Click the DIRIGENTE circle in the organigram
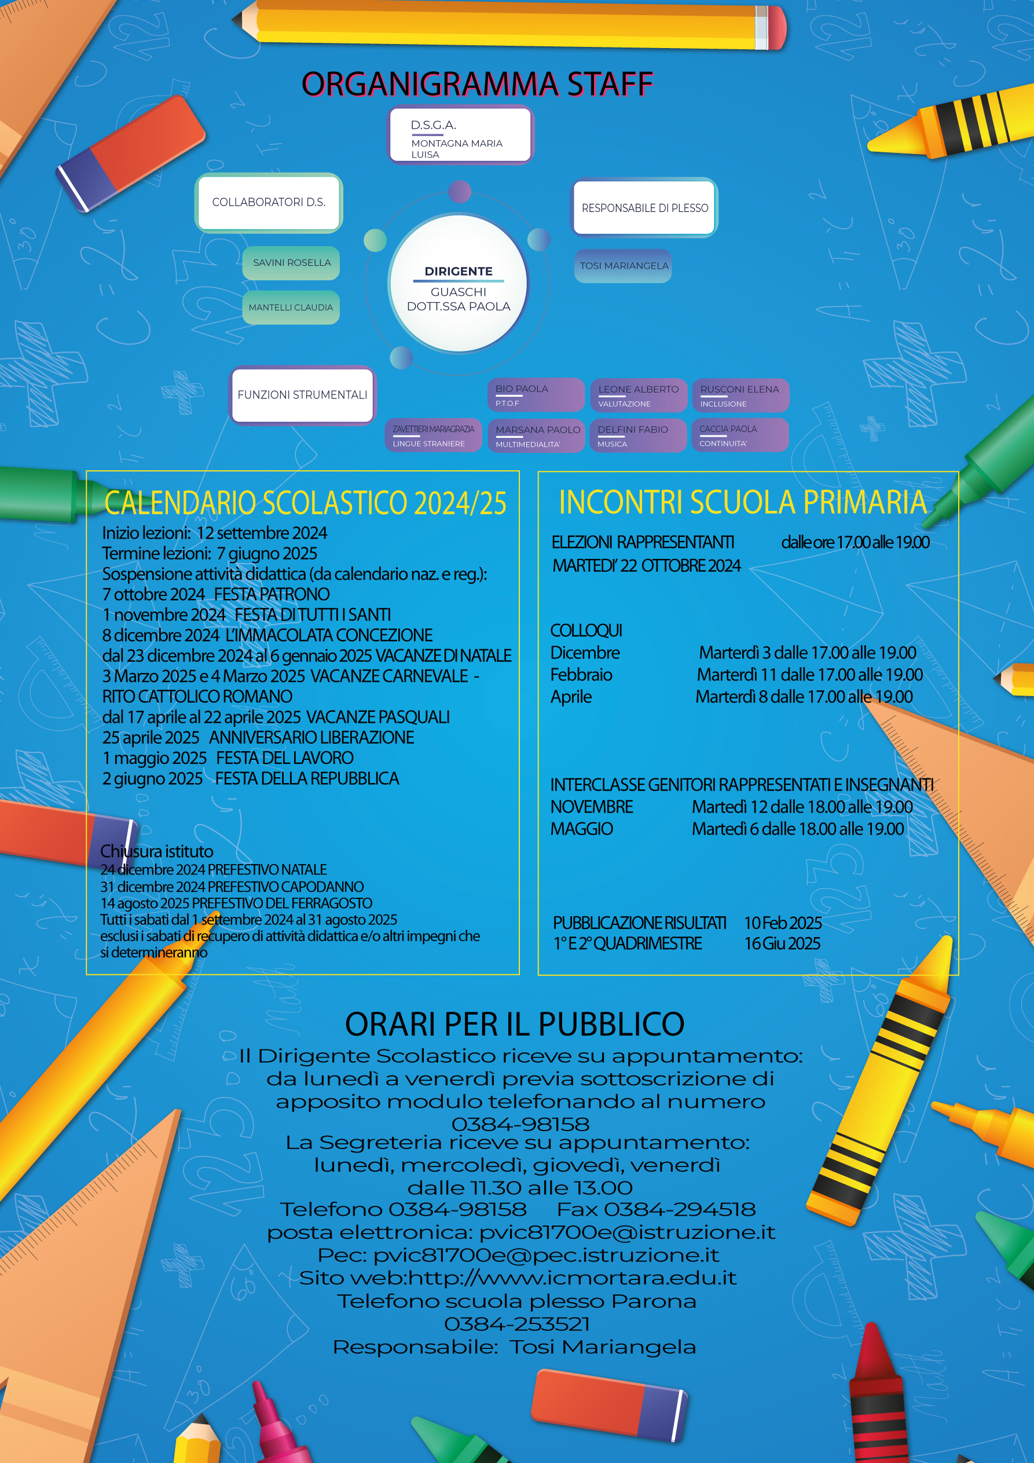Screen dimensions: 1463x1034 tap(458, 284)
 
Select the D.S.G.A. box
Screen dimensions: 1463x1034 tap(460, 134)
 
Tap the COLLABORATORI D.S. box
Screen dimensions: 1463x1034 tap(268, 202)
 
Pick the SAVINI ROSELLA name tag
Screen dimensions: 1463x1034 tap(291, 262)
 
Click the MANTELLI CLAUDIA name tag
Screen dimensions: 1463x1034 tap(291, 307)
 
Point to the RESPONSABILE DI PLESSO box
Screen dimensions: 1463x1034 tap(644, 208)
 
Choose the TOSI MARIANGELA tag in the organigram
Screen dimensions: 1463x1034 tap(623, 266)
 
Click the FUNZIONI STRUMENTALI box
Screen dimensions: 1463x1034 tap(302, 395)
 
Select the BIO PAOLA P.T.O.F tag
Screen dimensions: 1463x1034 tap(535, 395)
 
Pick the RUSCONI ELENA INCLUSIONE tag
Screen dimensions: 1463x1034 tap(740, 395)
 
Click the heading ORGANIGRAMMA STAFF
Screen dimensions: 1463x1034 tap(477, 84)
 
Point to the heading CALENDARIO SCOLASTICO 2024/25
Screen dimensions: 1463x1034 tap(305, 503)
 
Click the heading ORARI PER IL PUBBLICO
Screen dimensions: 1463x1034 tap(515, 1024)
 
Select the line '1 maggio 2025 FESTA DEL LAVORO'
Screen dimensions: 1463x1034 tap(228, 758)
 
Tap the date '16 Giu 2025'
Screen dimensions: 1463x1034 tap(782, 943)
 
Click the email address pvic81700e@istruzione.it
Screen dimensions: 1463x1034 tap(627, 1232)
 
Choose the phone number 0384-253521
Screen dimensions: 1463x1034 tap(516, 1323)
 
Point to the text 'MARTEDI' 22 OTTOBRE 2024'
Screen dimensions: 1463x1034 tap(646, 565)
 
